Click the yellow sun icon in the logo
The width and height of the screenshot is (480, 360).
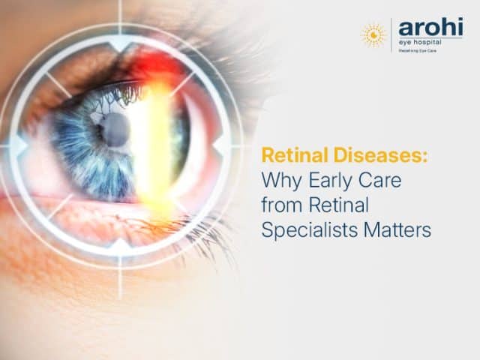373,34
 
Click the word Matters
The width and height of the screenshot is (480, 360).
394,230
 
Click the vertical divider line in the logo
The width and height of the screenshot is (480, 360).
391,34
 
